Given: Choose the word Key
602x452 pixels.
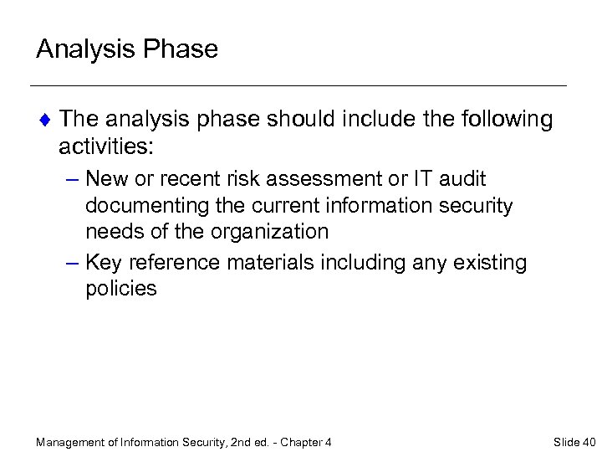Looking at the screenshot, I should click(x=104, y=263).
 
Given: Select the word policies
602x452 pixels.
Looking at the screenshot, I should click(x=121, y=289).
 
